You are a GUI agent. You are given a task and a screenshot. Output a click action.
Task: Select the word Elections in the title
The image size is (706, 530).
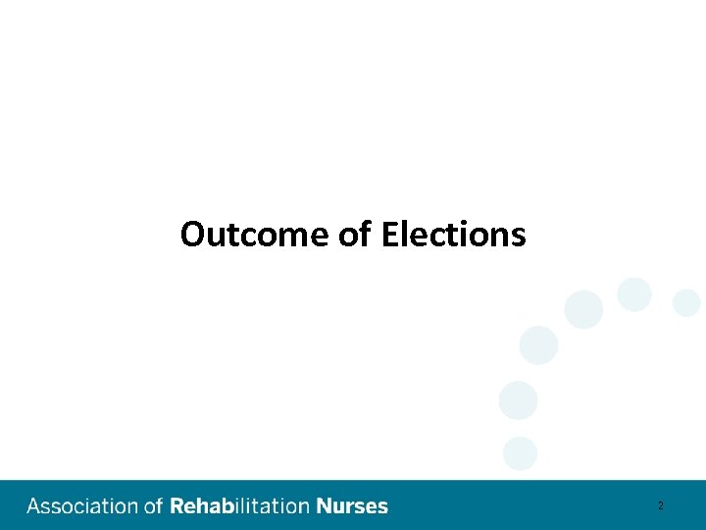453,235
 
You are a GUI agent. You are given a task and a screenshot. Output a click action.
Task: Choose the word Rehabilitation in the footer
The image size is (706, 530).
240,506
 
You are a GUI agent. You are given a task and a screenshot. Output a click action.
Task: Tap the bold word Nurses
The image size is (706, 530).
352,506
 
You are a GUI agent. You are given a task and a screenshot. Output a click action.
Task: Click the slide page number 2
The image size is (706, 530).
661,506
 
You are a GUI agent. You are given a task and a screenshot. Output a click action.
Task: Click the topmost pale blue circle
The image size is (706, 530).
634,294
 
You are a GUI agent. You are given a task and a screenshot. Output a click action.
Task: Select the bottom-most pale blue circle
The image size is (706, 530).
520,453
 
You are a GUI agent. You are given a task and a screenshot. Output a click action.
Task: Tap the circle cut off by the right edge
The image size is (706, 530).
687,303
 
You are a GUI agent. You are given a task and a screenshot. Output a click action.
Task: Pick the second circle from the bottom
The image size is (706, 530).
518,400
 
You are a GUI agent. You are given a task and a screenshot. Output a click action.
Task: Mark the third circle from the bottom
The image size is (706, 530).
538,345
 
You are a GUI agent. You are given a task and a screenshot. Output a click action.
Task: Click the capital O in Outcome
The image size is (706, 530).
192,235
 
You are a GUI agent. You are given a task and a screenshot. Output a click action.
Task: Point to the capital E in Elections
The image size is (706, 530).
389,235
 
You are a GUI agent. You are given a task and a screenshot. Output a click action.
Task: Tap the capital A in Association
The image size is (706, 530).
34,506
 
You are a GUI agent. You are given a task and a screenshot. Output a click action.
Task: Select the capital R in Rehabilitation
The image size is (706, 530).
177,506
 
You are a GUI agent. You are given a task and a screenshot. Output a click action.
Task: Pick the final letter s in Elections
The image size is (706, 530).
519,236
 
